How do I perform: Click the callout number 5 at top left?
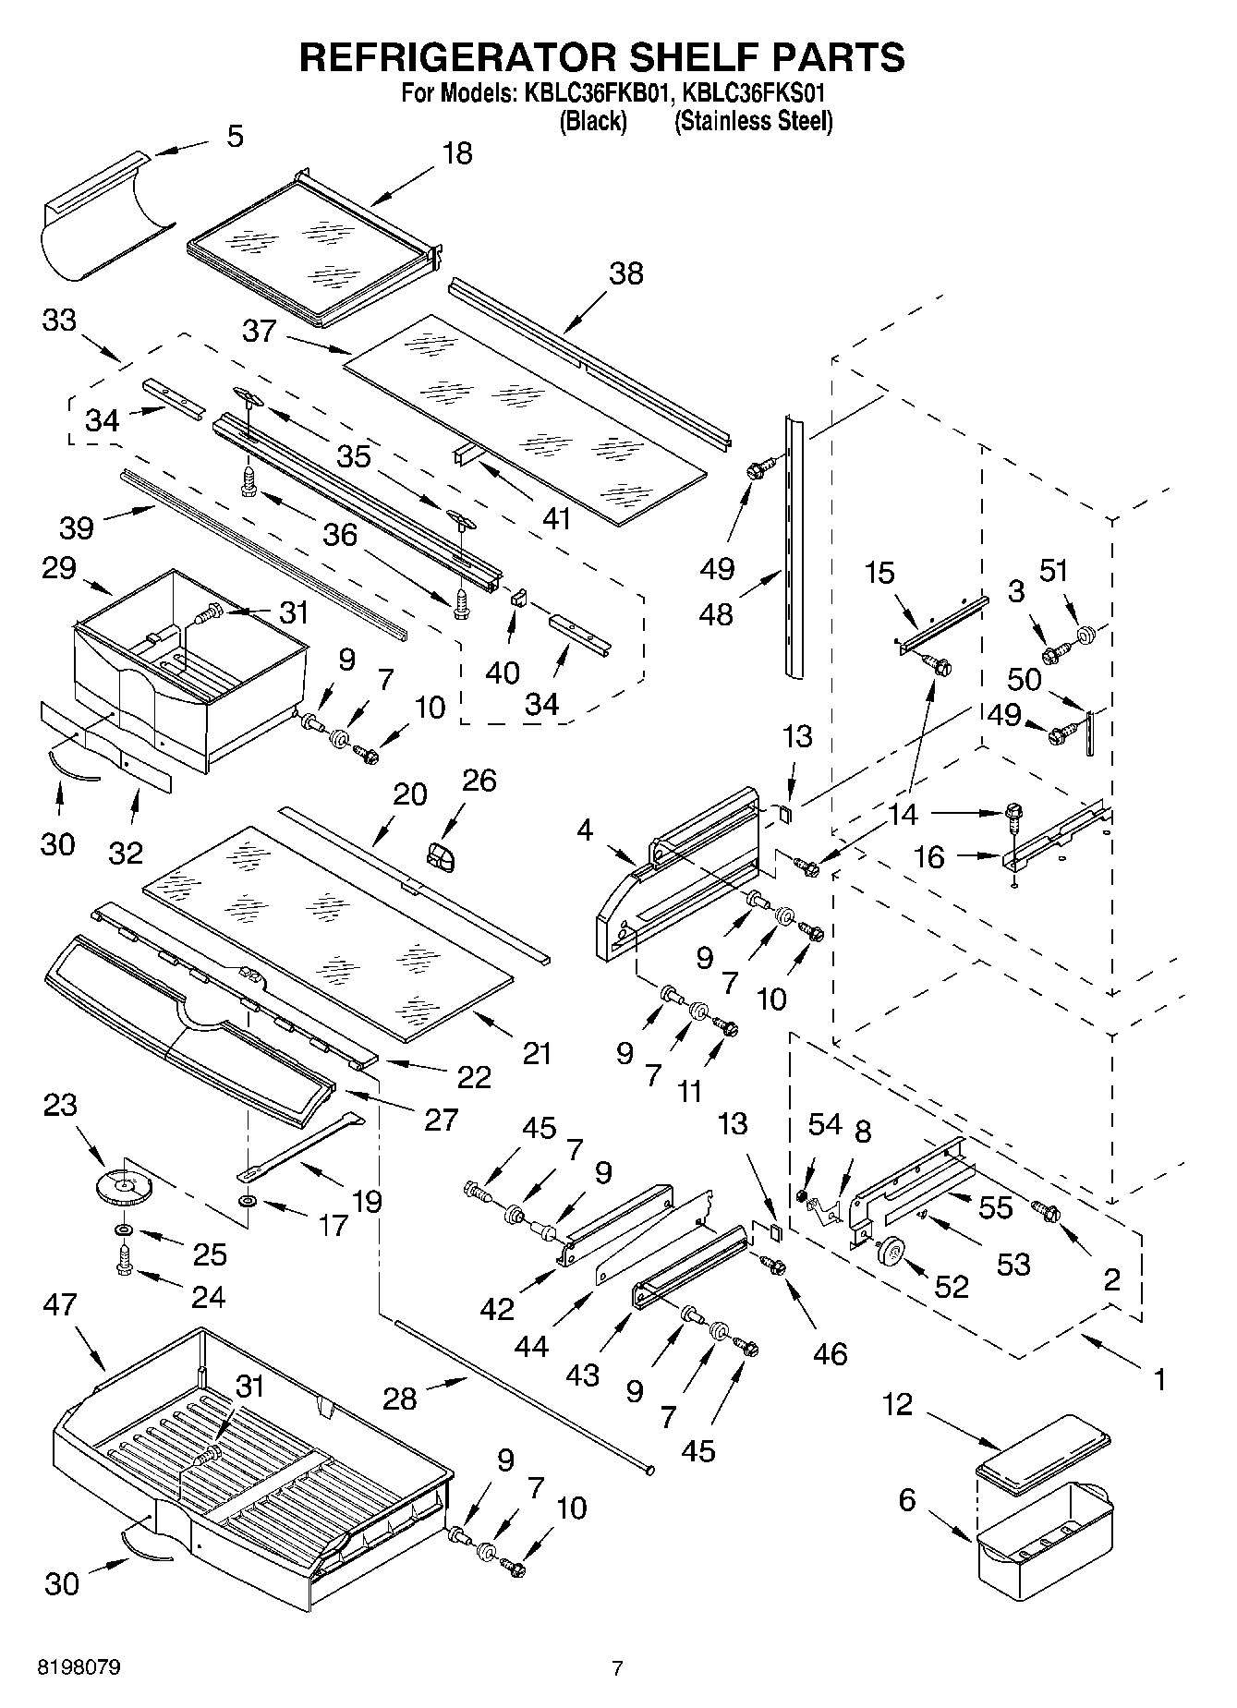[235, 137]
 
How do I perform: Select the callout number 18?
[457, 153]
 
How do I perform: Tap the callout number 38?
[626, 273]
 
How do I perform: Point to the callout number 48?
[717, 613]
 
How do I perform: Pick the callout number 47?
[60, 1304]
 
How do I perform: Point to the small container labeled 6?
[1044, 1538]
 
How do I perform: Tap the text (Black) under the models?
[593, 121]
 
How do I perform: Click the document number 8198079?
[78, 1668]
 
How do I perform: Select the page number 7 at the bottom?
[617, 1668]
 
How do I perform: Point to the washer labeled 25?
[122, 1231]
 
